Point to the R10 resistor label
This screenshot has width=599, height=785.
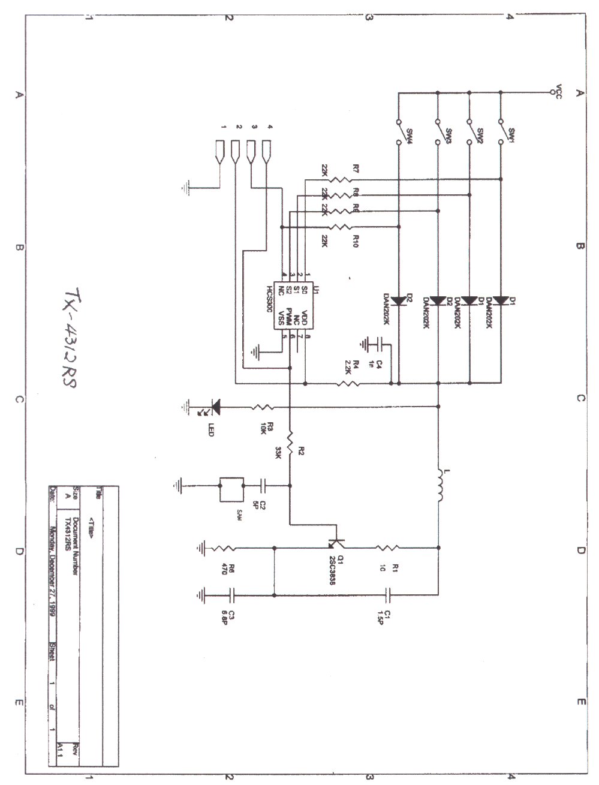coord(356,241)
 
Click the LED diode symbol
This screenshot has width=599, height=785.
coord(214,407)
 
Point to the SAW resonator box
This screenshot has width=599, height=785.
coord(231,489)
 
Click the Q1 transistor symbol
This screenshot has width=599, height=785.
coord(337,543)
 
